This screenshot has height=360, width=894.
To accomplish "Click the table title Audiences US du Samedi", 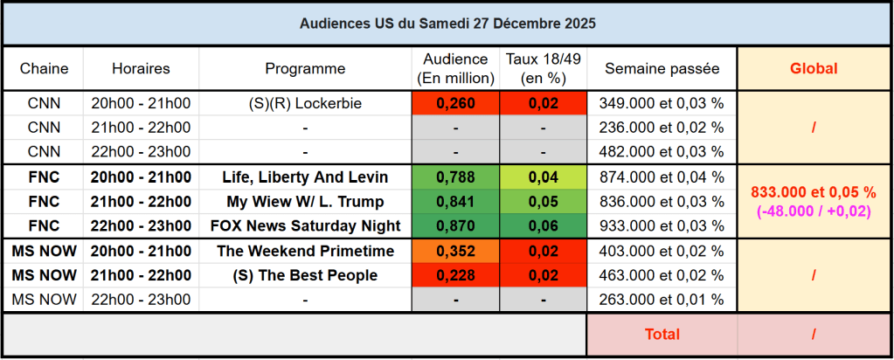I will point(447,24).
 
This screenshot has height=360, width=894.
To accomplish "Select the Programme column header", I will point(305,68).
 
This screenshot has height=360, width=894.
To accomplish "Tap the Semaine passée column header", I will point(662,68).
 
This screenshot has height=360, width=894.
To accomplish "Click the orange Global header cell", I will point(814,68).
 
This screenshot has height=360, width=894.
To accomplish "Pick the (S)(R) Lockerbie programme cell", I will point(305,103).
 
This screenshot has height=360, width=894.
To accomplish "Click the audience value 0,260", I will point(455,103).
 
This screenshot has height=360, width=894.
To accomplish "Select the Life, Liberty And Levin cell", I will point(305,177).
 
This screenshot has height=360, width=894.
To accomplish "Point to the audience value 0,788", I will point(455,177).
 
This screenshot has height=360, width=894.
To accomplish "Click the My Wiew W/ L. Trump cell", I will point(305,202).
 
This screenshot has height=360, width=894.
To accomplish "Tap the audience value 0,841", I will point(455,202).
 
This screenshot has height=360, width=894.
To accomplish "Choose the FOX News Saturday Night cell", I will point(305,226).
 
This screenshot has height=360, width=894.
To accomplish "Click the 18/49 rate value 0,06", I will point(543,226).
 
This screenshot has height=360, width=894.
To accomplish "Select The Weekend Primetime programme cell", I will point(305,252).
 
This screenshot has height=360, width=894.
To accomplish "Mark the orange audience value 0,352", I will point(455,252).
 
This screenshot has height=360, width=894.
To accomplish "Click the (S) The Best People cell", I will point(305,275).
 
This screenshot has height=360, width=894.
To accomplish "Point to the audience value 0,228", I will point(455,275).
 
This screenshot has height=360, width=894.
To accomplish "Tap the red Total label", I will point(662,334).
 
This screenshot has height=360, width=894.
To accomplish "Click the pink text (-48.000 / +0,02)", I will point(814,211).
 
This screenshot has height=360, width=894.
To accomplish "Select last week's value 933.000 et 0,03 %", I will point(662,226).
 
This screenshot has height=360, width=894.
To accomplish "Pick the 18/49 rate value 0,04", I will point(543,177).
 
